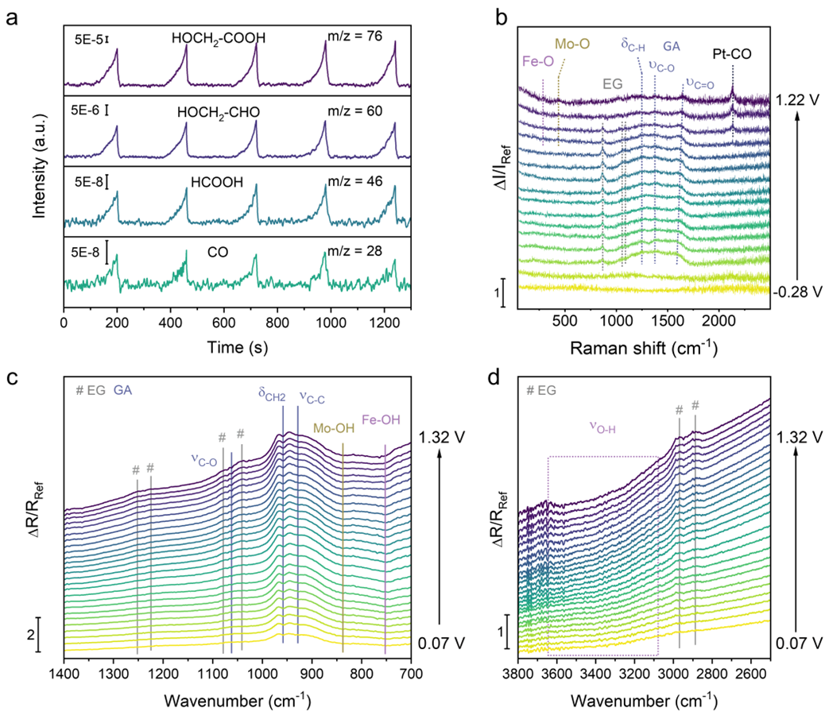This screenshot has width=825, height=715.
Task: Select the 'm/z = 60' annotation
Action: (x=355, y=109)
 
